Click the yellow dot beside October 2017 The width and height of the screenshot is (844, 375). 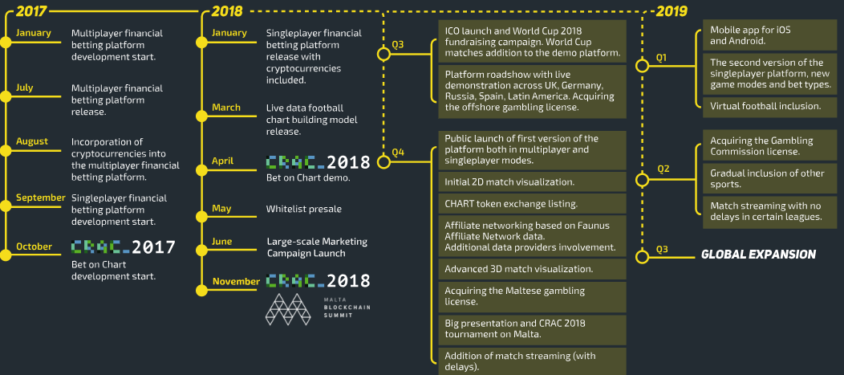6,247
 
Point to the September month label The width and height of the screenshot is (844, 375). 40,198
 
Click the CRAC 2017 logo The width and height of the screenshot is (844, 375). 124,247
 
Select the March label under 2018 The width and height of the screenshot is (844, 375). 226,108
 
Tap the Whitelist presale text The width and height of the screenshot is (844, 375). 303,210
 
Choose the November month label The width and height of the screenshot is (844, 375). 236,282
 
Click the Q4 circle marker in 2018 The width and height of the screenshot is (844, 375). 383,161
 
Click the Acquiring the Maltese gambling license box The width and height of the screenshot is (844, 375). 532,296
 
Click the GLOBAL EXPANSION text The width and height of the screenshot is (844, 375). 758,255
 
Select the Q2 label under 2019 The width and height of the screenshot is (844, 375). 663,169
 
